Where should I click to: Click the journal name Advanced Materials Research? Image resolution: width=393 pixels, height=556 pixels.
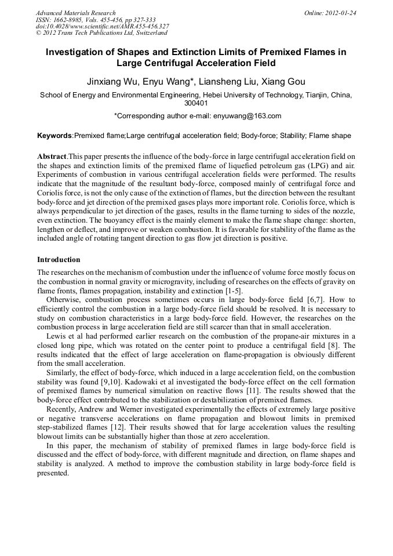[x=75, y=13]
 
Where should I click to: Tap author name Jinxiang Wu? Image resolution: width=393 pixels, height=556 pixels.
[x=111, y=81]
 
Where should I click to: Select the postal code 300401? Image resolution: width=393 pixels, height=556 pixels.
[x=196, y=103]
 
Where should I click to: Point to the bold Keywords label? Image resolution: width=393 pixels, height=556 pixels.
[x=54, y=136]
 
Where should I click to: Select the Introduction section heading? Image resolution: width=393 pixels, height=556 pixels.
[x=59, y=259]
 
